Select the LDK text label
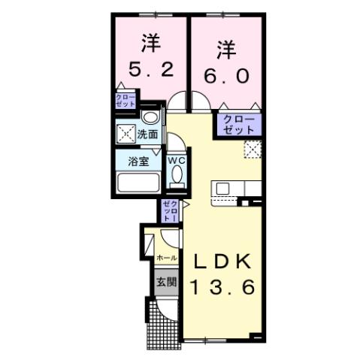222,262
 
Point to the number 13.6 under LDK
222,286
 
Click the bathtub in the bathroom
137,183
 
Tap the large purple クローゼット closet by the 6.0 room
238,125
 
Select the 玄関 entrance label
165,283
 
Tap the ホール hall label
166,258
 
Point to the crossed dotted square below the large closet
253,150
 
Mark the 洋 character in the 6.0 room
223,50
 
